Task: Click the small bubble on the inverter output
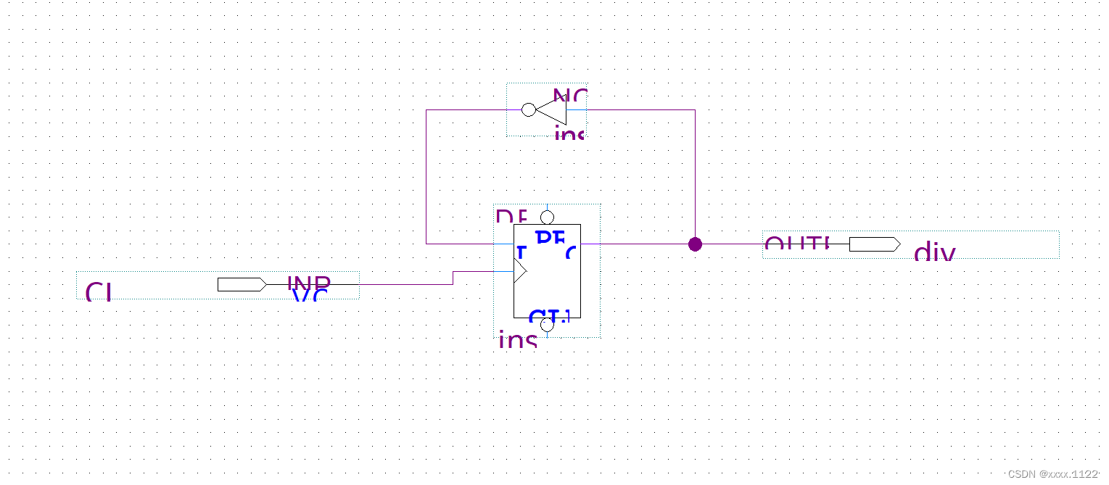[529, 109]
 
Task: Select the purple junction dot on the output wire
[695, 244]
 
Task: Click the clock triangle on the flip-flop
[519, 271]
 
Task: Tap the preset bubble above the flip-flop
[547, 217]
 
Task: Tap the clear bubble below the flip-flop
[547, 325]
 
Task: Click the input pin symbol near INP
[242, 284]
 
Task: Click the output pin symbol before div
[874, 244]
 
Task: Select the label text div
[934, 253]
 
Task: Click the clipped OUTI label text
[796, 244]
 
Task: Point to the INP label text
[309, 282]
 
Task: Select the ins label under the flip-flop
[518, 339]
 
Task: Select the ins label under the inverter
[569, 133]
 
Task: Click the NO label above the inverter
[569, 96]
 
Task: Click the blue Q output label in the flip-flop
[571, 252]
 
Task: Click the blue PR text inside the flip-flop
[550, 238]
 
